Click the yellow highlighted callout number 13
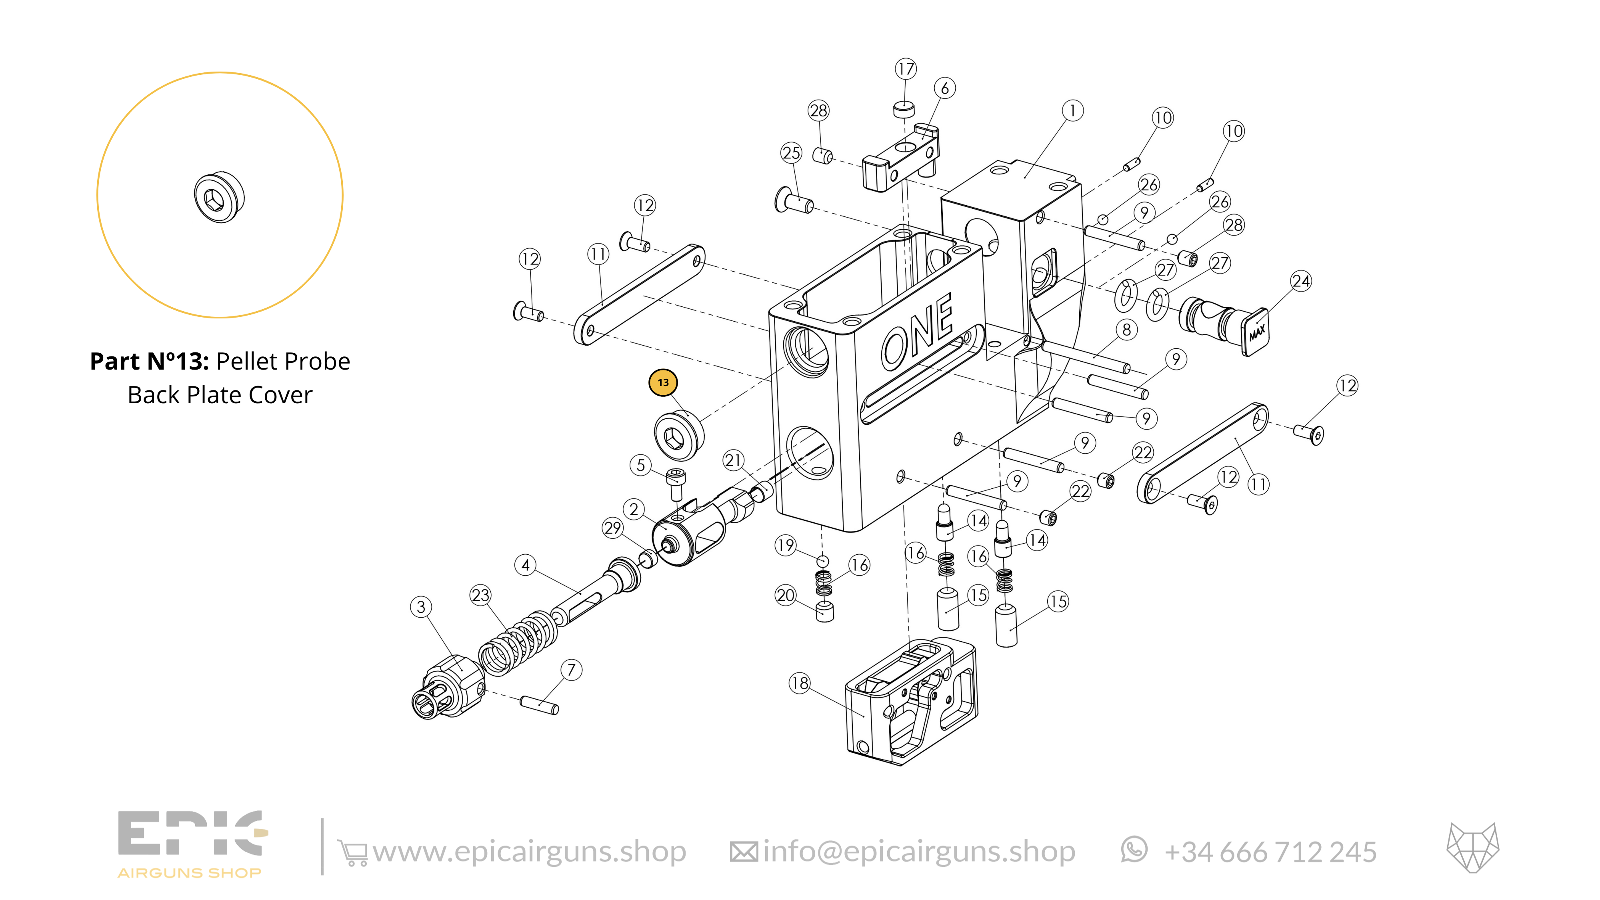click(x=663, y=383)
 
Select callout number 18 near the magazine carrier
click(x=799, y=683)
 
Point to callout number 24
click(x=1301, y=281)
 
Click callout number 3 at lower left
click(x=421, y=607)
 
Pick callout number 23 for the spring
click(x=480, y=595)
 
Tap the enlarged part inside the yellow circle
click(x=219, y=197)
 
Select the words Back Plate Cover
click(x=220, y=395)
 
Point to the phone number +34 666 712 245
click(x=1270, y=852)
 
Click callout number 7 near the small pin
click(x=571, y=670)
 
